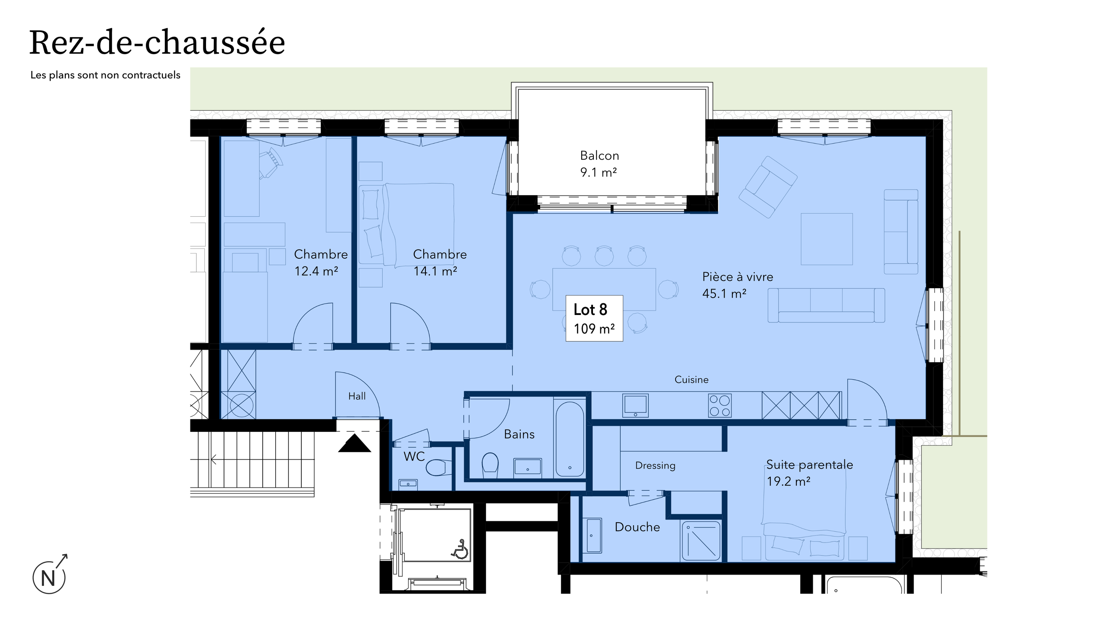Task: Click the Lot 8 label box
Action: click(x=594, y=318)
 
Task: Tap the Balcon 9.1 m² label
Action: click(x=599, y=164)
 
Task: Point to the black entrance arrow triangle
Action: click(x=354, y=444)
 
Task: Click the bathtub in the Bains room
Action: click(x=570, y=439)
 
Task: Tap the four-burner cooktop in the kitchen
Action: click(x=720, y=406)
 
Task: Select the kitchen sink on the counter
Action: click(x=635, y=405)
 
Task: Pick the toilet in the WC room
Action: click(x=437, y=467)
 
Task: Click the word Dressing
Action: click(x=655, y=466)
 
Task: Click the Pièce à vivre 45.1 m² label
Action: click(x=737, y=285)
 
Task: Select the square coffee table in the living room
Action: click(x=826, y=239)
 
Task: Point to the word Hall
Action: click(x=357, y=396)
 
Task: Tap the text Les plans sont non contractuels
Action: click(x=105, y=75)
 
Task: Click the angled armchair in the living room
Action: click(x=767, y=187)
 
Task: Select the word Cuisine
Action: click(x=691, y=379)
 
